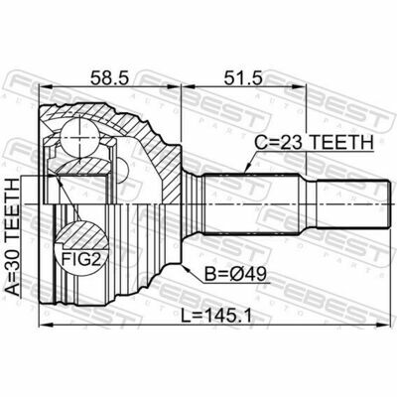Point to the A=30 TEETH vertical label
(13, 238)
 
